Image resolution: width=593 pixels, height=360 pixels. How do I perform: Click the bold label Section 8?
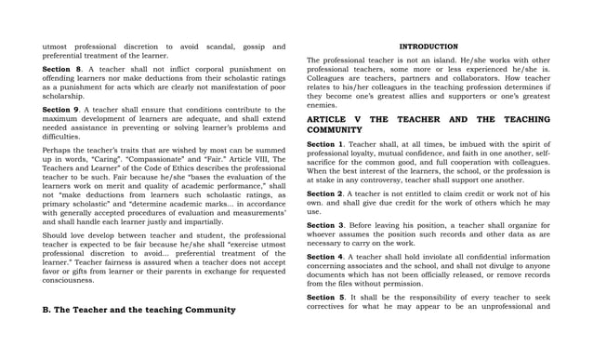[62, 69]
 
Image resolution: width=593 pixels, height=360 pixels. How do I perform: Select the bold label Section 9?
[62, 110]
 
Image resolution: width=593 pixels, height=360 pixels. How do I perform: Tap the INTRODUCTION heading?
[428, 47]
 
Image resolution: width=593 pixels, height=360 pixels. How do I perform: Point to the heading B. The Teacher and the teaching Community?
[139, 310]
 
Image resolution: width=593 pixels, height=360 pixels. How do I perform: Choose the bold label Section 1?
[325, 144]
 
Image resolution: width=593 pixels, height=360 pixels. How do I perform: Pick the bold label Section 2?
[325, 193]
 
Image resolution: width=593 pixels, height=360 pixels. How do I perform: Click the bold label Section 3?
[325, 225]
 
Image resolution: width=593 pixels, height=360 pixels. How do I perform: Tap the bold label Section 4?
[325, 256]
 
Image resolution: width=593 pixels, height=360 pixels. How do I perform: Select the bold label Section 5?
[325, 297]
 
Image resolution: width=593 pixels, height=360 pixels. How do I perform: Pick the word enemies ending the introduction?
[323, 105]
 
